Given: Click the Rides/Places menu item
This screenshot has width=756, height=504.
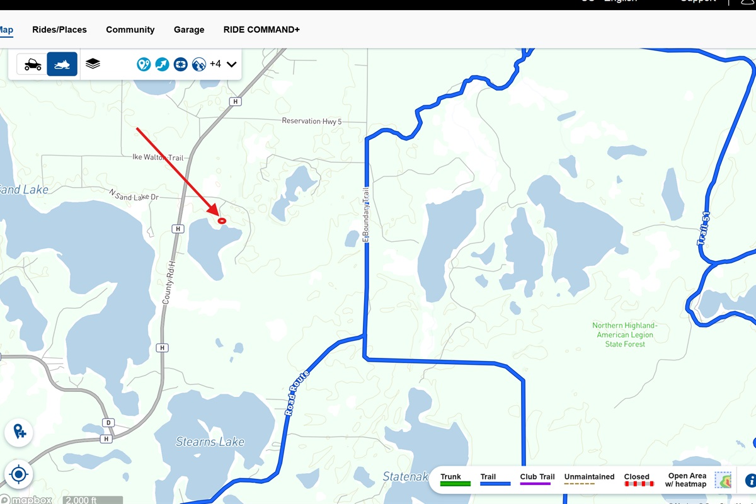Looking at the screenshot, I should pyautogui.click(x=59, y=30).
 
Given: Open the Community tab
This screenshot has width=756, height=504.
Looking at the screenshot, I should pyautogui.click(x=130, y=30).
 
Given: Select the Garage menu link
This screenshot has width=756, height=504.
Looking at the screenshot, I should pyautogui.click(x=189, y=30).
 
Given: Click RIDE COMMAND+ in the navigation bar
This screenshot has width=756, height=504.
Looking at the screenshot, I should pyautogui.click(x=261, y=30).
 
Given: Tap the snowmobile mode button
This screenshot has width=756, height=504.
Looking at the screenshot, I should pyautogui.click(x=62, y=64).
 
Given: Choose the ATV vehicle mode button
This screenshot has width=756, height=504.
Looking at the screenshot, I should pyautogui.click(x=33, y=64).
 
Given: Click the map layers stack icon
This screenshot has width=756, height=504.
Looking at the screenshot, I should pyautogui.click(x=93, y=64).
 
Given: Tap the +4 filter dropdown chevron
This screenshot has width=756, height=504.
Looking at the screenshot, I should pyautogui.click(x=231, y=64).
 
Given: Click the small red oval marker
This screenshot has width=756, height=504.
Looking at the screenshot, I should pyautogui.click(x=222, y=220).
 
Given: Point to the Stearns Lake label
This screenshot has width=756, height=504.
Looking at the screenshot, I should pyautogui.click(x=210, y=442).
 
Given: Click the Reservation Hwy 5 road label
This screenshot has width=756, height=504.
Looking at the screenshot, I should pyautogui.click(x=311, y=121).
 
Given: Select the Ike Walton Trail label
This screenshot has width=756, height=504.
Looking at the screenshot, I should pyautogui.click(x=157, y=157).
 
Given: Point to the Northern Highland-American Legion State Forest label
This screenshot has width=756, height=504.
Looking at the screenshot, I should pyautogui.click(x=625, y=335).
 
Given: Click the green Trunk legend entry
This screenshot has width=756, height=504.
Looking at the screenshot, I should pyautogui.click(x=454, y=481).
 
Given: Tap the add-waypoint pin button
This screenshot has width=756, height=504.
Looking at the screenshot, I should pyautogui.click(x=19, y=432).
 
